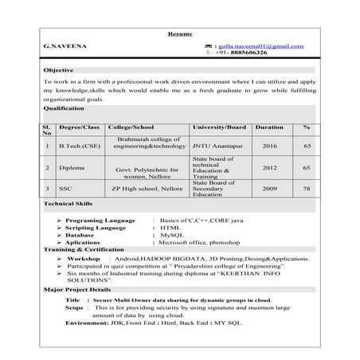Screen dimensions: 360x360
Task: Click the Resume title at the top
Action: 179,34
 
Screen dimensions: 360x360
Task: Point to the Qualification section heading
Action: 63,108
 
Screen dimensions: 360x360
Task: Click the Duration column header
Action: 269,127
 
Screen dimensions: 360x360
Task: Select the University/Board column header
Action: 219,127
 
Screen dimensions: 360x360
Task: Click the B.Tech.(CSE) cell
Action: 79,147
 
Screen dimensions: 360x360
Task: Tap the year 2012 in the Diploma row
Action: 269,168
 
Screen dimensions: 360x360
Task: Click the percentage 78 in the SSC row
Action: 307,189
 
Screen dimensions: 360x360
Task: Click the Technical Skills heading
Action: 68,205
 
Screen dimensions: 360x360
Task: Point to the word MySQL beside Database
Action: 172,236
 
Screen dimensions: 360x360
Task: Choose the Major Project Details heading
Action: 77,289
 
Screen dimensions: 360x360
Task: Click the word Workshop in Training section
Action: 83,260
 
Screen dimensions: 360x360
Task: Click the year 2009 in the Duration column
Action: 269,189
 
